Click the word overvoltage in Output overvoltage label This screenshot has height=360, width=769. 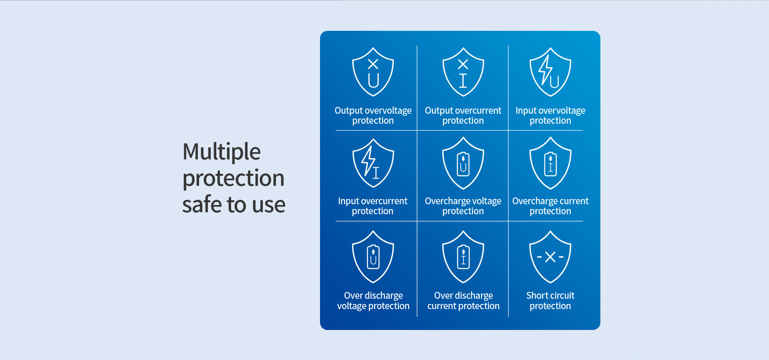pos(387,111)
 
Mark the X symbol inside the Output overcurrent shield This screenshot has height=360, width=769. pos(463,64)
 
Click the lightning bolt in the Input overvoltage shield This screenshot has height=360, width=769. pos(545,70)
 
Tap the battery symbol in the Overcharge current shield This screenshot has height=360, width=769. pos(550,164)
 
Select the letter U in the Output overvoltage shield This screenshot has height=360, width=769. pos(373,80)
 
